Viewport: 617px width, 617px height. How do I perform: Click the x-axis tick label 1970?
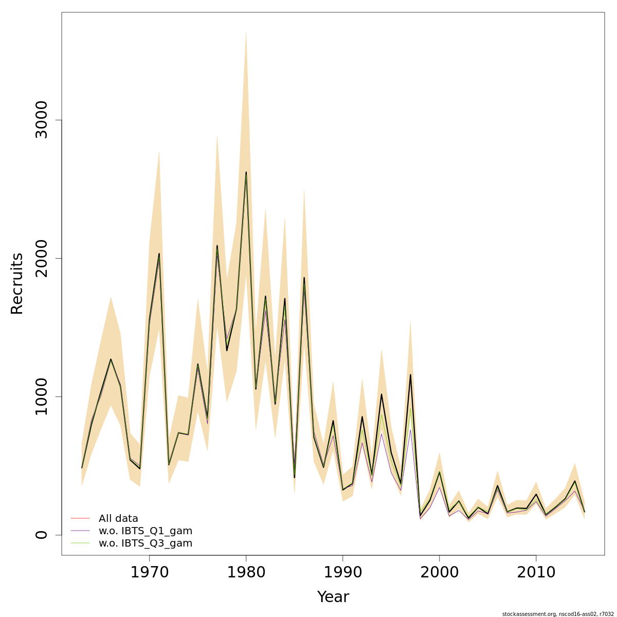(x=149, y=572)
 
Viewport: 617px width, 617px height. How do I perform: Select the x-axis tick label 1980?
(x=246, y=572)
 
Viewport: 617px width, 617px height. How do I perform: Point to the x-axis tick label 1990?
(x=342, y=572)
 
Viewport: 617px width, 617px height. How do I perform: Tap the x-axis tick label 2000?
(x=439, y=572)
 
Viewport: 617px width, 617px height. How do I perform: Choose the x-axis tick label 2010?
(x=536, y=572)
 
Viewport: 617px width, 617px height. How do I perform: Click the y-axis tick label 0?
(x=41, y=535)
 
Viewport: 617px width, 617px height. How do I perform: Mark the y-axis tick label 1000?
(x=41, y=396)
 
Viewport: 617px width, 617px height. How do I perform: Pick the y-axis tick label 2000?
(x=41, y=258)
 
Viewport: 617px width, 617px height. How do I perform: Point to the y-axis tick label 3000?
(x=41, y=120)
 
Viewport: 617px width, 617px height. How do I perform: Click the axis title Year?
(x=333, y=597)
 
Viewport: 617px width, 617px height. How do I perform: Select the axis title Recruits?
(x=17, y=283)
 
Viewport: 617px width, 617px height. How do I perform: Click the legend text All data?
(x=118, y=518)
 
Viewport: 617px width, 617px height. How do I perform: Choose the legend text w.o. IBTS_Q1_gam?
(x=146, y=531)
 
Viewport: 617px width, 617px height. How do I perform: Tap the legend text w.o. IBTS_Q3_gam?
(x=146, y=543)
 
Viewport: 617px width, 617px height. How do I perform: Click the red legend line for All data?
(x=80, y=518)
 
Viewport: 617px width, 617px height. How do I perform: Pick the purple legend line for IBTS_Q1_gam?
(x=80, y=531)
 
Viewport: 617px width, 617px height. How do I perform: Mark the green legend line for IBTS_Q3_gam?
(x=80, y=543)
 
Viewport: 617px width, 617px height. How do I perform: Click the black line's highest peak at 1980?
(x=246, y=172)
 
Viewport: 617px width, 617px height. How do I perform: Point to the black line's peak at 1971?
(x=159, y=253)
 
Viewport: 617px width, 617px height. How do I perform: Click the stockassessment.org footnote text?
(x=558, y=613)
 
